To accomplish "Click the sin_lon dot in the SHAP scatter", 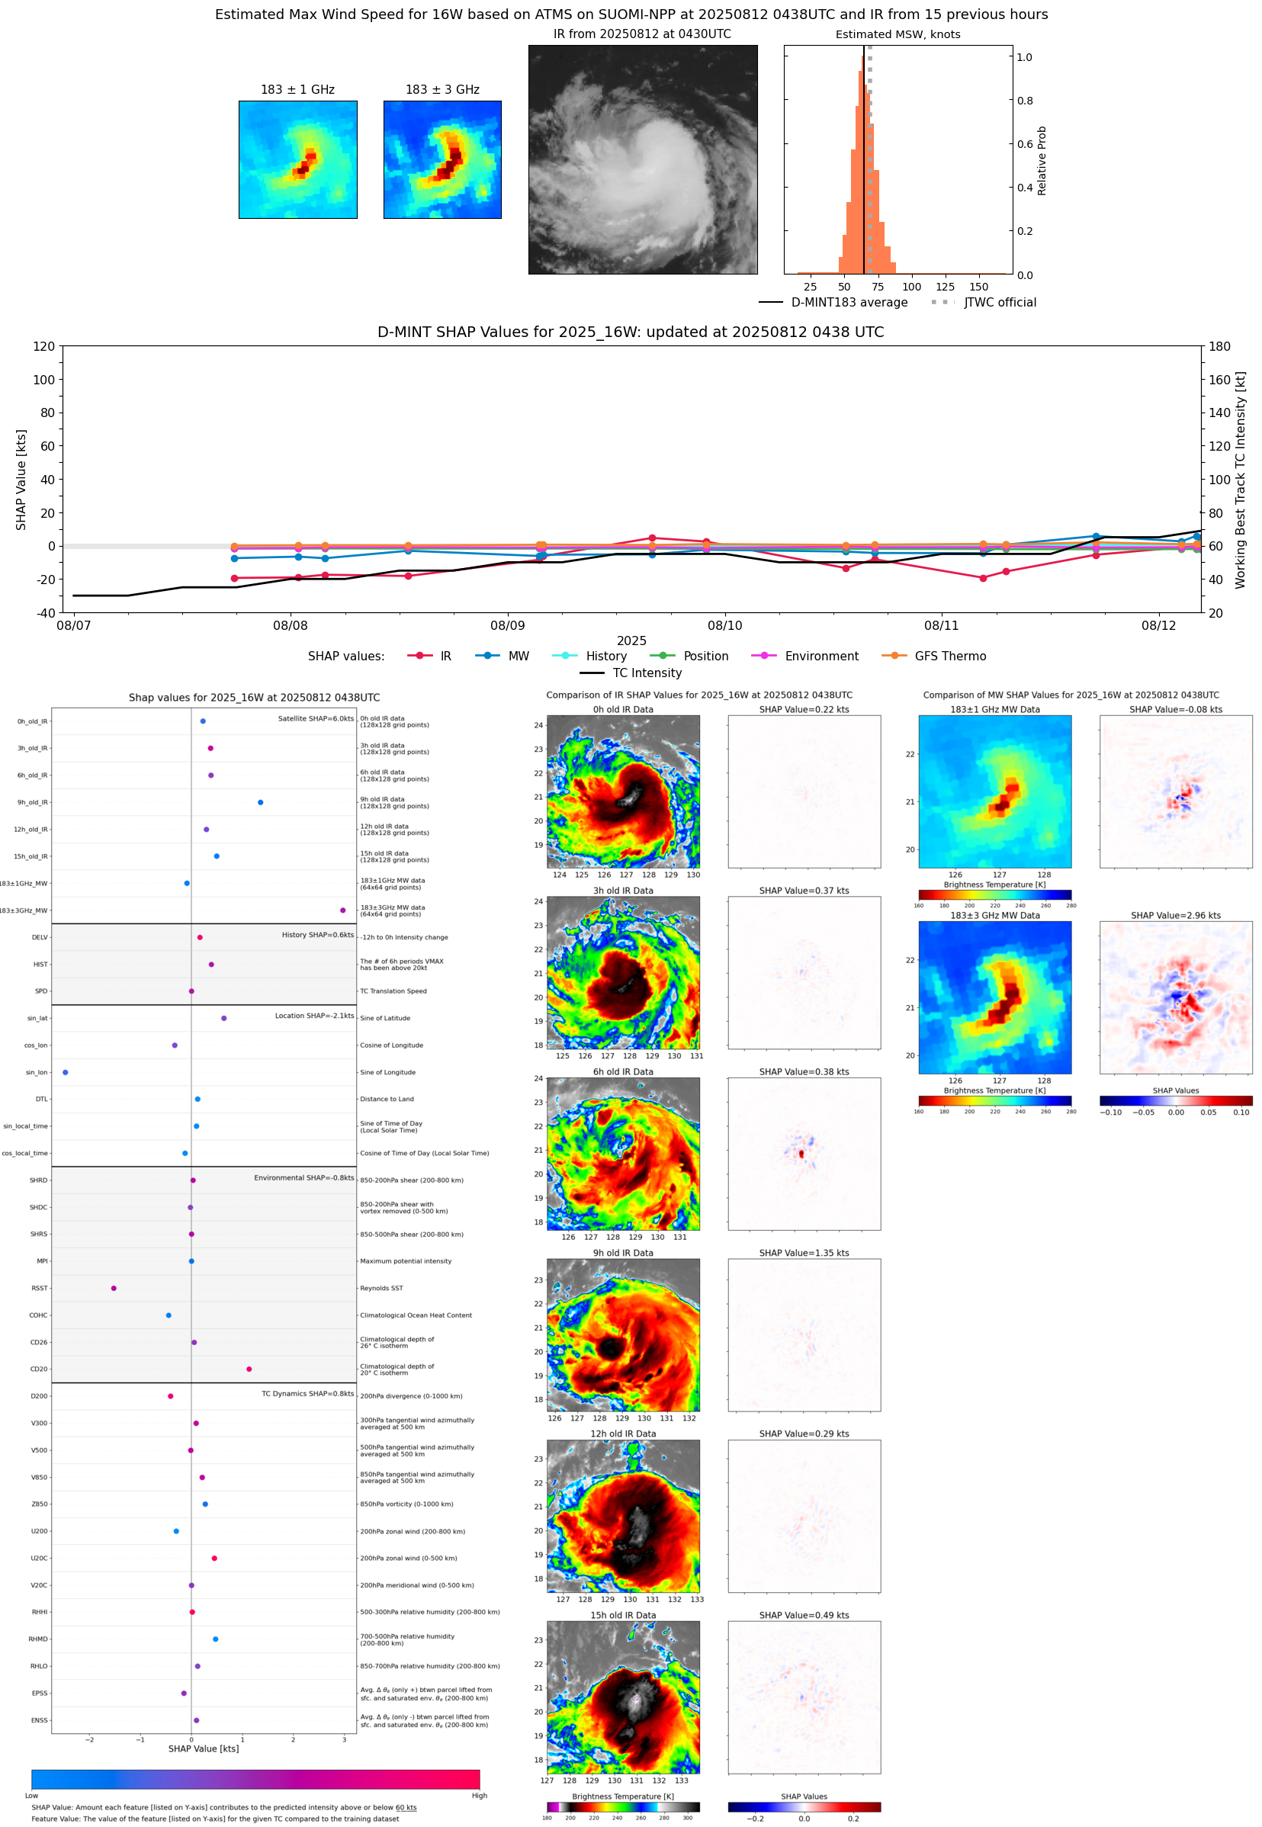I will point(65,1072).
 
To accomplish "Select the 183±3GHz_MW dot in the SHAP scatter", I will point(342,910).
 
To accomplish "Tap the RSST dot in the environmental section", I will point(114,1288).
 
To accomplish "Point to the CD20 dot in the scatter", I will point(249,1369).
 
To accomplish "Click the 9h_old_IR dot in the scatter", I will point(260,802).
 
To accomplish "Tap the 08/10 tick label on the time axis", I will point(724,625).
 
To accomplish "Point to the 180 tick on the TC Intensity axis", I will point(1219,346).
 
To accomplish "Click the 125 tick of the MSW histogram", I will point(945,287).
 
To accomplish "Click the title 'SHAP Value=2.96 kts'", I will point(1175,916).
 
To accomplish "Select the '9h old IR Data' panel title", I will point(623,1253).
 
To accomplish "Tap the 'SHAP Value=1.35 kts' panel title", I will point(804,1253).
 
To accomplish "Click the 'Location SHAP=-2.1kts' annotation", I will point(314,1016).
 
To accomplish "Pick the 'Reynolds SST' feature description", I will point(381,1288).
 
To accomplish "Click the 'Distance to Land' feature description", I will point(387,1099).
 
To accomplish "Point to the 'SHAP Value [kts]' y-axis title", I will point(21,479).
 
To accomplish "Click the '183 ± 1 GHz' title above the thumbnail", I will point(297,90).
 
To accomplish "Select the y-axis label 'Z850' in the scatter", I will point(40,1504).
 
